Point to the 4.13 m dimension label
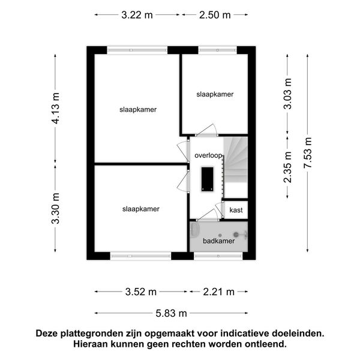(x=55, y=108)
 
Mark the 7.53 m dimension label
(x=308, y=153)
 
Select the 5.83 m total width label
(x=172, y=313)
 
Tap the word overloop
(x=208, y=155)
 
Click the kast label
(x=236, y=210)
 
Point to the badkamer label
(x=218, y=241)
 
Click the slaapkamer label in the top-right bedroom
(x=215, y=94)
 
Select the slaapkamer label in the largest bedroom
(x=138, y=110)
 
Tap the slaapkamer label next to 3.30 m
(x=140, y=209)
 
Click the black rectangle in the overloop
(x=207, y=179)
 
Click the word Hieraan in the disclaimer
(x=92, y=344)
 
